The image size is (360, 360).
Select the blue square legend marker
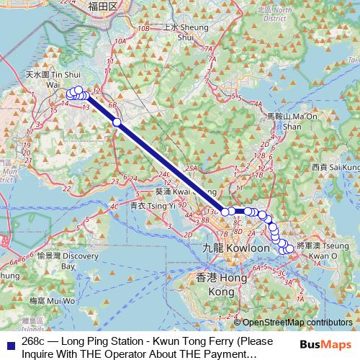9,341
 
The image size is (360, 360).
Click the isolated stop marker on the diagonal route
117,122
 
